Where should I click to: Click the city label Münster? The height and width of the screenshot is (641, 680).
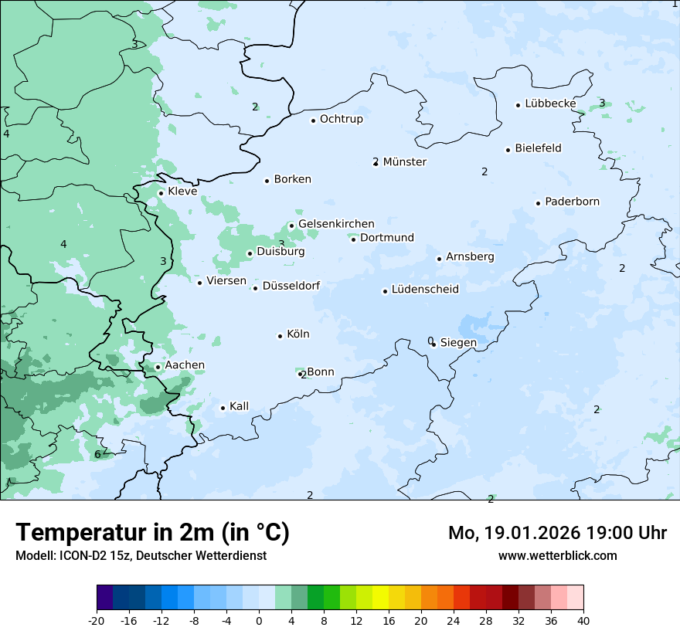tap(404, 162)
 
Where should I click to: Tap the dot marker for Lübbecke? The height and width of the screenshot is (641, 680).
tap(518, 105)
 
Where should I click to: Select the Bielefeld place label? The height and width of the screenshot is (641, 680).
tap(538, 148)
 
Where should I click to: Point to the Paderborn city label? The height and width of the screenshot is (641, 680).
tap(572, 202)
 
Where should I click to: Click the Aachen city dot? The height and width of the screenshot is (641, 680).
tap(158, 368)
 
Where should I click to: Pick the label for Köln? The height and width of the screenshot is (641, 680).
tap(297, 334)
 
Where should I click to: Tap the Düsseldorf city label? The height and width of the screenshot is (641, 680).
tap(291, 286)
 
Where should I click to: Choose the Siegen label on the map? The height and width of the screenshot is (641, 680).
tap(458, 343)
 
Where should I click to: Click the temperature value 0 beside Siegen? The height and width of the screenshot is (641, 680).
tap(430, 341)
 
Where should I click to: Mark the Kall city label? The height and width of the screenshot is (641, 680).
tap(239, 406)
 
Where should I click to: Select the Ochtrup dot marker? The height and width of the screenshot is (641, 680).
tap(313, 120)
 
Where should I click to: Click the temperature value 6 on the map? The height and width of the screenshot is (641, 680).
tap(97, 454)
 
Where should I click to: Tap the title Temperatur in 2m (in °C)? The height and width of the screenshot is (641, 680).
tap(152, 532)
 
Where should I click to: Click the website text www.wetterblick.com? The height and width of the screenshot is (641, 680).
tap(557, 555)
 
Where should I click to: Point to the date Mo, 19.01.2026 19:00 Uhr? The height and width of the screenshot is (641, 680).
tap(557, 533)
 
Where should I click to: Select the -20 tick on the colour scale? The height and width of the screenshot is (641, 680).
tap(97, 620)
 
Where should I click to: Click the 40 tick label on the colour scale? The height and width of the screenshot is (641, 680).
tap(583, 620)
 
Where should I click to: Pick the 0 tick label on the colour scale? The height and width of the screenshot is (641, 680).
tap(259, 620)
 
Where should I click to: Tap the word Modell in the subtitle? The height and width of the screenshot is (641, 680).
tap(34, 555)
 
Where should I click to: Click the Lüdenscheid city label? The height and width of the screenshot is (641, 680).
tap(425, 290)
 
